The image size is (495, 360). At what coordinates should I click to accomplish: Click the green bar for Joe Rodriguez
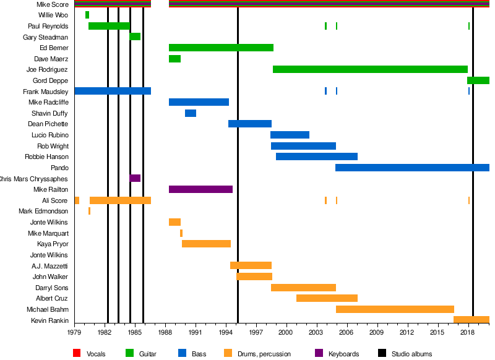pos(370,69)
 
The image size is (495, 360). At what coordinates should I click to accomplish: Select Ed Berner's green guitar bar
pos(221,48)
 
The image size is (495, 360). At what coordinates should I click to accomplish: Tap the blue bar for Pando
pos(412,168)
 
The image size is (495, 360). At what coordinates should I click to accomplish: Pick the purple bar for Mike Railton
pos(200,189)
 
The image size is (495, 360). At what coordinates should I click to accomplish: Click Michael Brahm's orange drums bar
pos(395,309)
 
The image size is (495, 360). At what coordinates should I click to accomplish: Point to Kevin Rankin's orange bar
pos(471,320)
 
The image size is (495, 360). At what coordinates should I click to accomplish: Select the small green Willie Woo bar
pos(87,15)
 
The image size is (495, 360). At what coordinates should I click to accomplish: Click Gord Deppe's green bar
pos(478,80)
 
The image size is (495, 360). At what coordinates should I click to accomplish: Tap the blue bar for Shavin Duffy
pos(191,113)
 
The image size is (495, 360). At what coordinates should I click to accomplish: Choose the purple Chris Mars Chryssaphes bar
pos(135,178)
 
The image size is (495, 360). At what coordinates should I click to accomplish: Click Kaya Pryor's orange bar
pos(206,244)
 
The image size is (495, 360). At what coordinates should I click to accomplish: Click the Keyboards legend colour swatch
pos(319,353)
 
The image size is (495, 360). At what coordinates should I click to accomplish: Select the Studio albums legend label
pos(411,354)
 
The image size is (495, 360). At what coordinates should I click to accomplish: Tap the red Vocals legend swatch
pos(77,353)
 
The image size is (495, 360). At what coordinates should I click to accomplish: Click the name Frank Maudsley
pos(46,92)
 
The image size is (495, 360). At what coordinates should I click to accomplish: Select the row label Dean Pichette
pos(48,124)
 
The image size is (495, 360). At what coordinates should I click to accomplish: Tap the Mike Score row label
pos(53,4)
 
